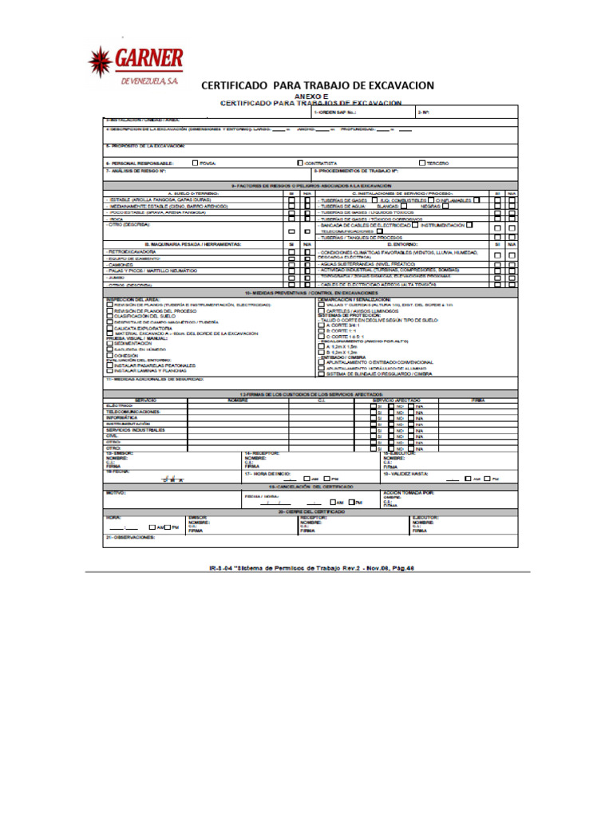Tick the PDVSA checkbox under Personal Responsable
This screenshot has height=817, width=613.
point(196,163)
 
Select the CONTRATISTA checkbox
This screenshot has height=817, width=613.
point(299,163)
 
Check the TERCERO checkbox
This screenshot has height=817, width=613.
point(422,163)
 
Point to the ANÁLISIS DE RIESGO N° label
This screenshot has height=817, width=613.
point(136,171)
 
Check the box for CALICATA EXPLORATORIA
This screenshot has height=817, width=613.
point(109,328)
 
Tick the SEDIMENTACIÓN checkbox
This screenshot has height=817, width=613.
point(109,343)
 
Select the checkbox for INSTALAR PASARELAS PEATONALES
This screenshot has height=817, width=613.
point(109,365)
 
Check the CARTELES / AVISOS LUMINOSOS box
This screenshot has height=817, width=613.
point(321,310)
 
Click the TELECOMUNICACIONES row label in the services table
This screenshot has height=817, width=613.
point(133,412)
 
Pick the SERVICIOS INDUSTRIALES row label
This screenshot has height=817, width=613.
point(136,430)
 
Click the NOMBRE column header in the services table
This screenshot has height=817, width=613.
point(238,399)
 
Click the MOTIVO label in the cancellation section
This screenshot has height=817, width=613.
point(117,492)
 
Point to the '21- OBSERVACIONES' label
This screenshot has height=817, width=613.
point(132,537)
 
